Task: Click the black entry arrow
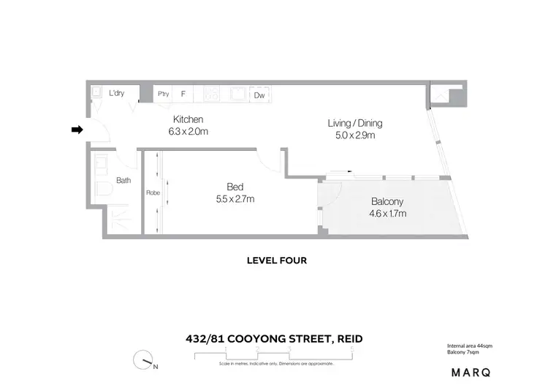click(76, 130)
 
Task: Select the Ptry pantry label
click(164, 94)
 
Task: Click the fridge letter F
click(183, 94)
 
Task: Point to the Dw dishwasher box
click(259, 94)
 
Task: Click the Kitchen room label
click(188, 119)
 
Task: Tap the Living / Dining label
click(354, 123)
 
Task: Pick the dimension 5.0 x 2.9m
click(354, 135)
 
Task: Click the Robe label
click(153, 193)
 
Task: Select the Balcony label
click(387, 202)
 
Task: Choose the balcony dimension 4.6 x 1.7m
click(387, 214)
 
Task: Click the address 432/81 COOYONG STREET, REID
click(273, 338)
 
